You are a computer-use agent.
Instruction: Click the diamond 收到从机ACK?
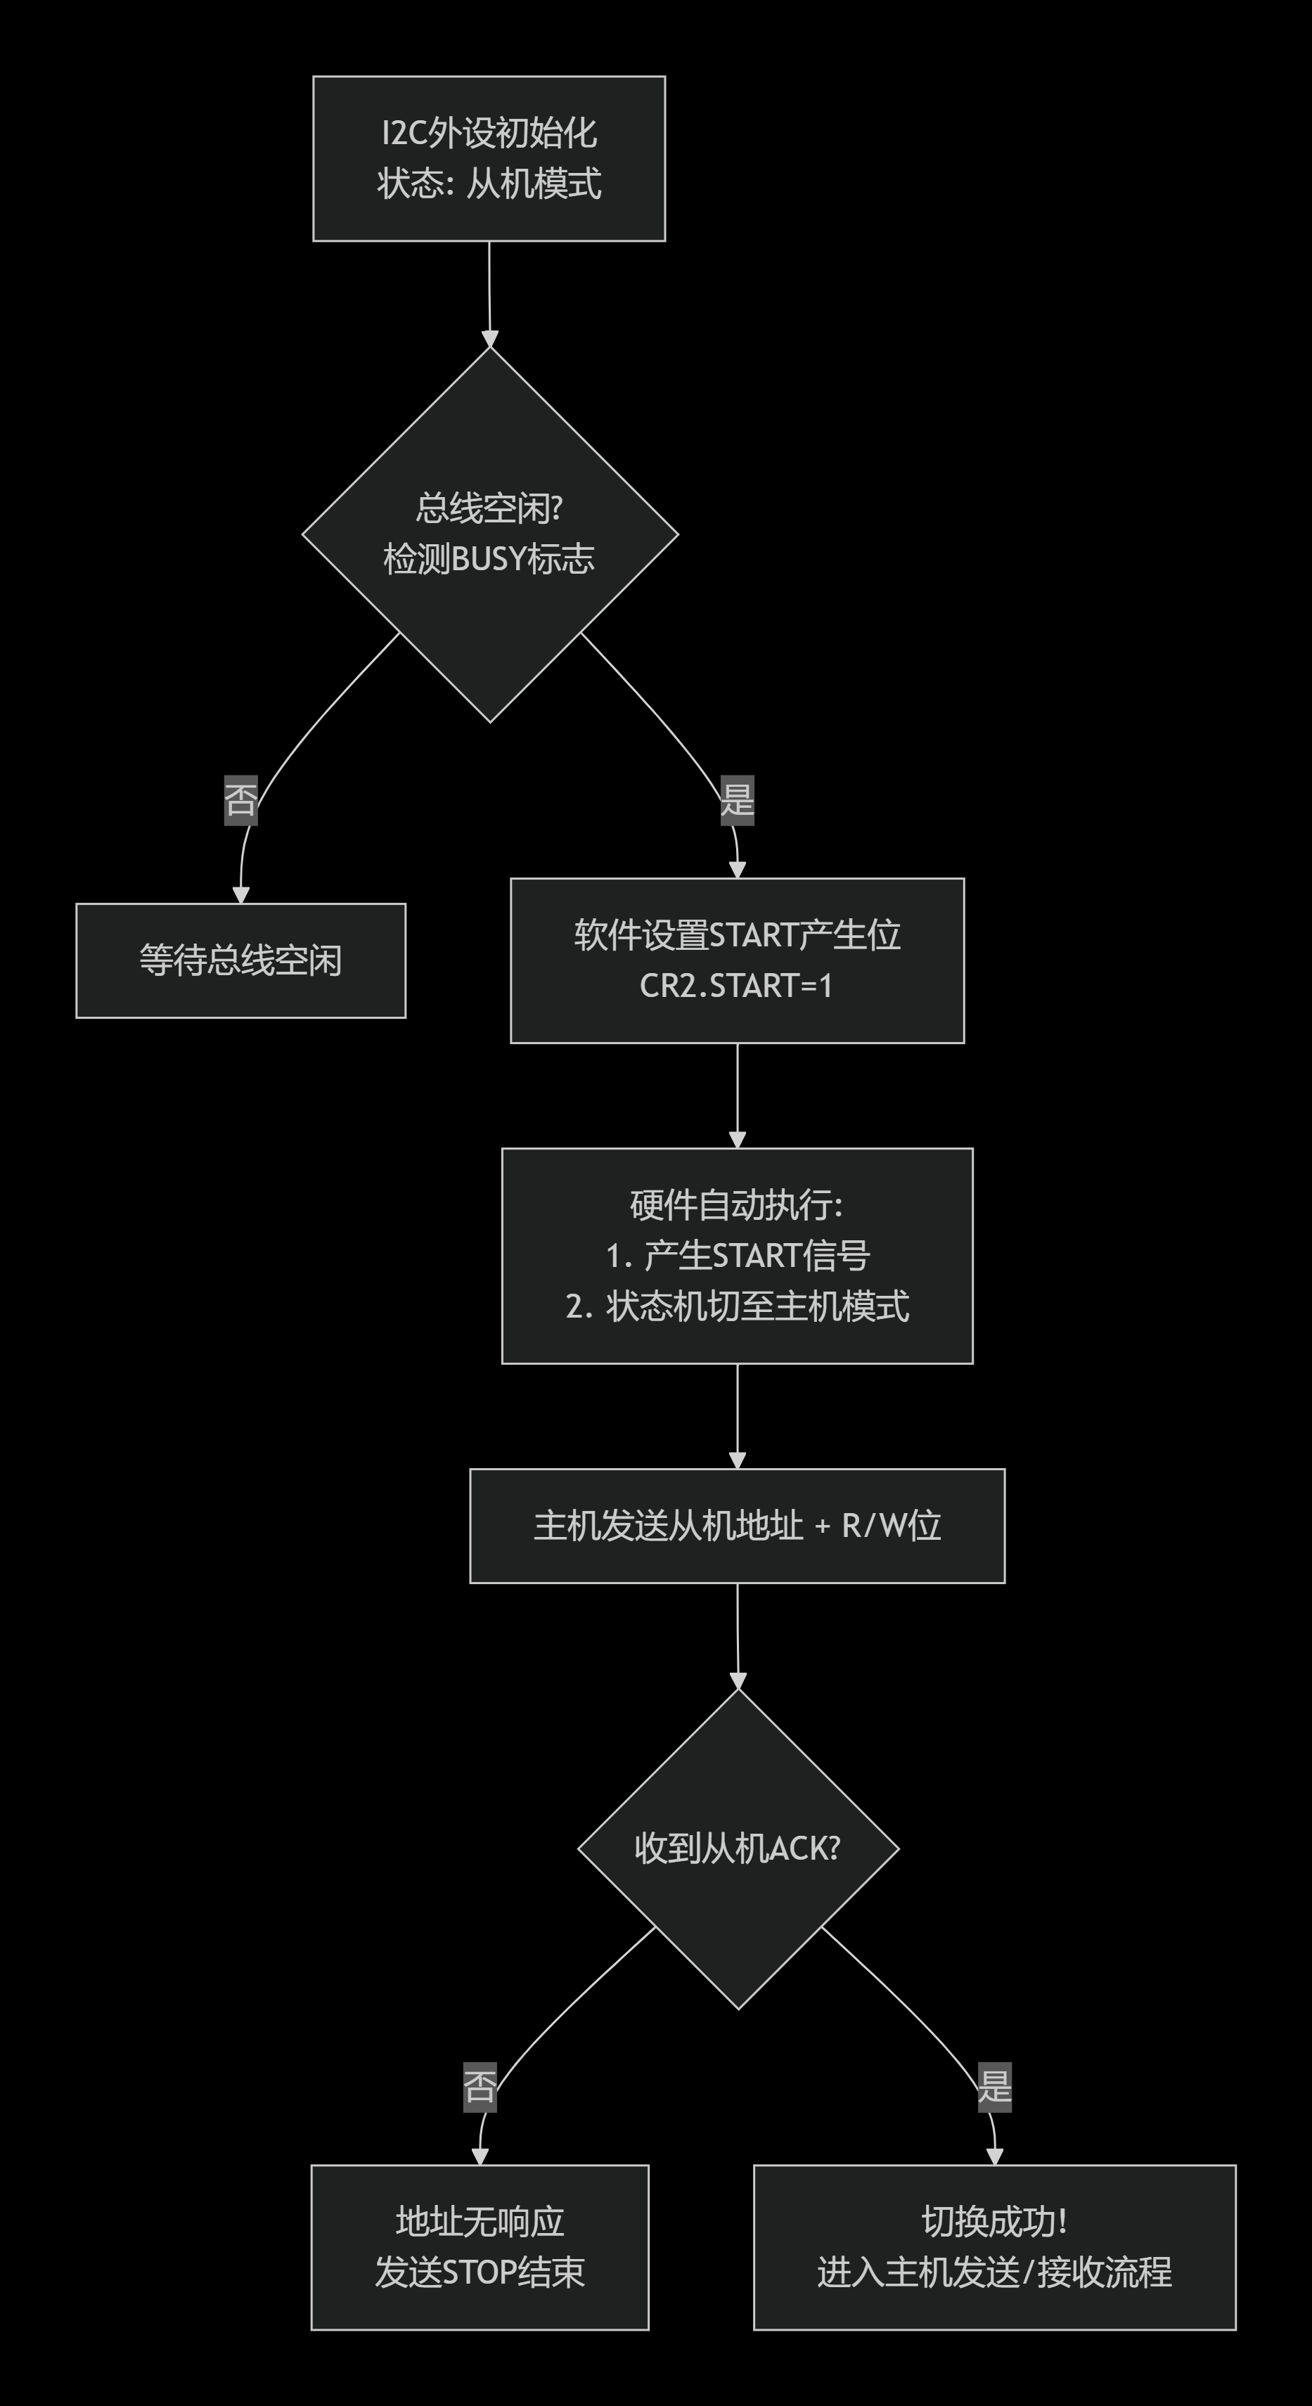738,1848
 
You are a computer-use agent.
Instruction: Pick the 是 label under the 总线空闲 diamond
737,800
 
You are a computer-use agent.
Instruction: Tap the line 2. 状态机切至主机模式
737,1306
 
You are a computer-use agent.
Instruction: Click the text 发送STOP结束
480,2272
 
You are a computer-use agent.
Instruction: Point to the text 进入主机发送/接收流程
994,2272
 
